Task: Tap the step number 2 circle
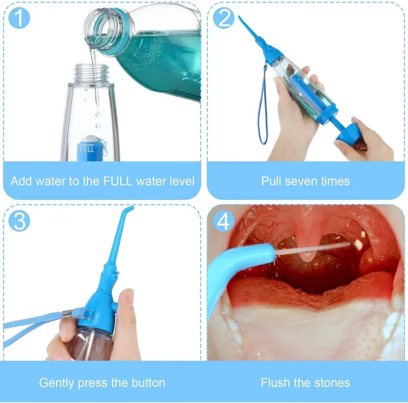pos(223,18)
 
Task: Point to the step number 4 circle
pos(223,220)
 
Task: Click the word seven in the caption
pos(305,181)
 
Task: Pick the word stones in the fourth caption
pos(331,383)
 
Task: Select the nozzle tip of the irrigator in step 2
pos(240,19)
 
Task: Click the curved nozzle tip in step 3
pos(131,209)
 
